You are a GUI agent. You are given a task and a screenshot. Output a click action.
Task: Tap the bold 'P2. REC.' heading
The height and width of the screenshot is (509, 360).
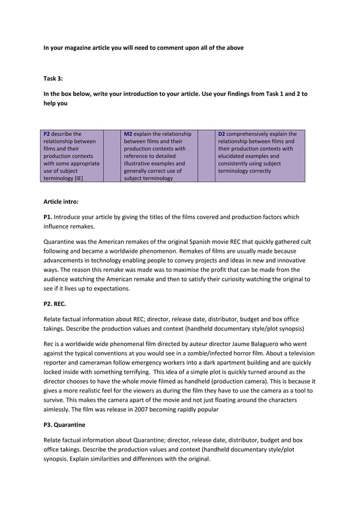tap(55, 304)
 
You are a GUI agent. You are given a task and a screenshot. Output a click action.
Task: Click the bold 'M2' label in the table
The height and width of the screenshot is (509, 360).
tap(128, 134)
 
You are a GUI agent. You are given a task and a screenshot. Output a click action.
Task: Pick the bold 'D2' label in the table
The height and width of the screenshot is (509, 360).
tap(222, 134)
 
